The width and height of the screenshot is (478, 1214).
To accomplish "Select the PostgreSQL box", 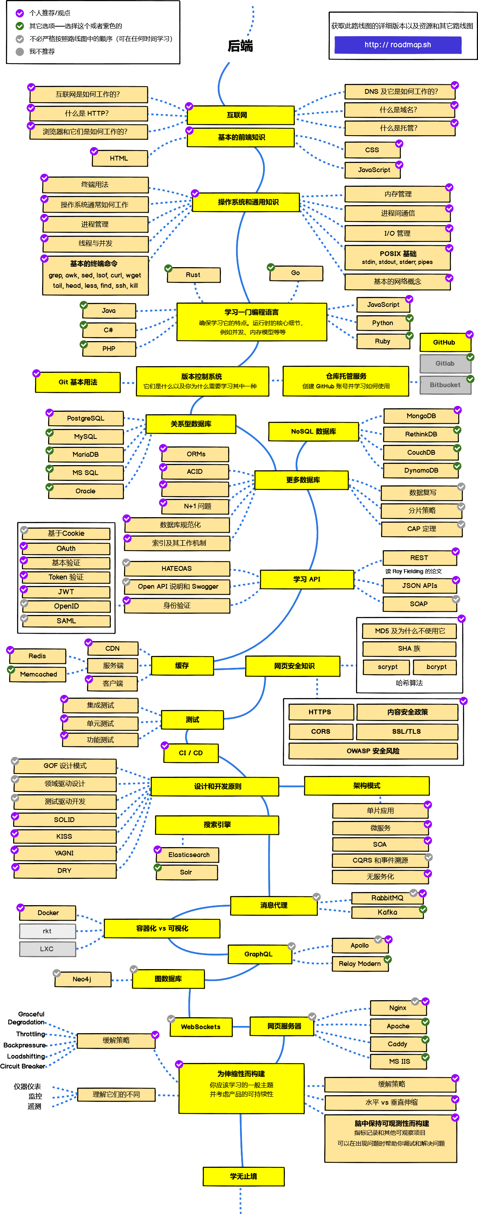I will (86, 419).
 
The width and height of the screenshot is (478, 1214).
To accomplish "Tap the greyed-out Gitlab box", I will (445, 363).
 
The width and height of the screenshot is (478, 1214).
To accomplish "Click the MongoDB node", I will (421, 416).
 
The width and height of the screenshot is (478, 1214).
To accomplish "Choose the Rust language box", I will (193, 275).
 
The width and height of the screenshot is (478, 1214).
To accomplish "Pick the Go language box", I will (296, 273).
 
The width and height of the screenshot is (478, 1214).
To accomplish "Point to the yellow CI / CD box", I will (191, 752).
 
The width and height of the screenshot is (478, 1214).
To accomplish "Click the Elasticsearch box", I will (189, 854).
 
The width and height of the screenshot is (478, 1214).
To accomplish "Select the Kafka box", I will (387, 912).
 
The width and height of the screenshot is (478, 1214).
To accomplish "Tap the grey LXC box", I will (47, 949).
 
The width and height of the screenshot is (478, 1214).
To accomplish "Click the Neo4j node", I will (82, 979).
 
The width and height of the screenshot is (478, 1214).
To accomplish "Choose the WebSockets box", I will (201, 1026).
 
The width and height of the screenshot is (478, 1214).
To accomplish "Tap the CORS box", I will (321, 731).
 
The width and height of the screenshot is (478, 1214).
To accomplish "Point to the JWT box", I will (66, 592).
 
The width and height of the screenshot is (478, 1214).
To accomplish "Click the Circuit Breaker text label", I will (23, 1066).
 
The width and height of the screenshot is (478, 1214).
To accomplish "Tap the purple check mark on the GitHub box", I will (470, 334).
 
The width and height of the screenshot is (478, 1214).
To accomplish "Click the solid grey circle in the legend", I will (20, 51).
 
